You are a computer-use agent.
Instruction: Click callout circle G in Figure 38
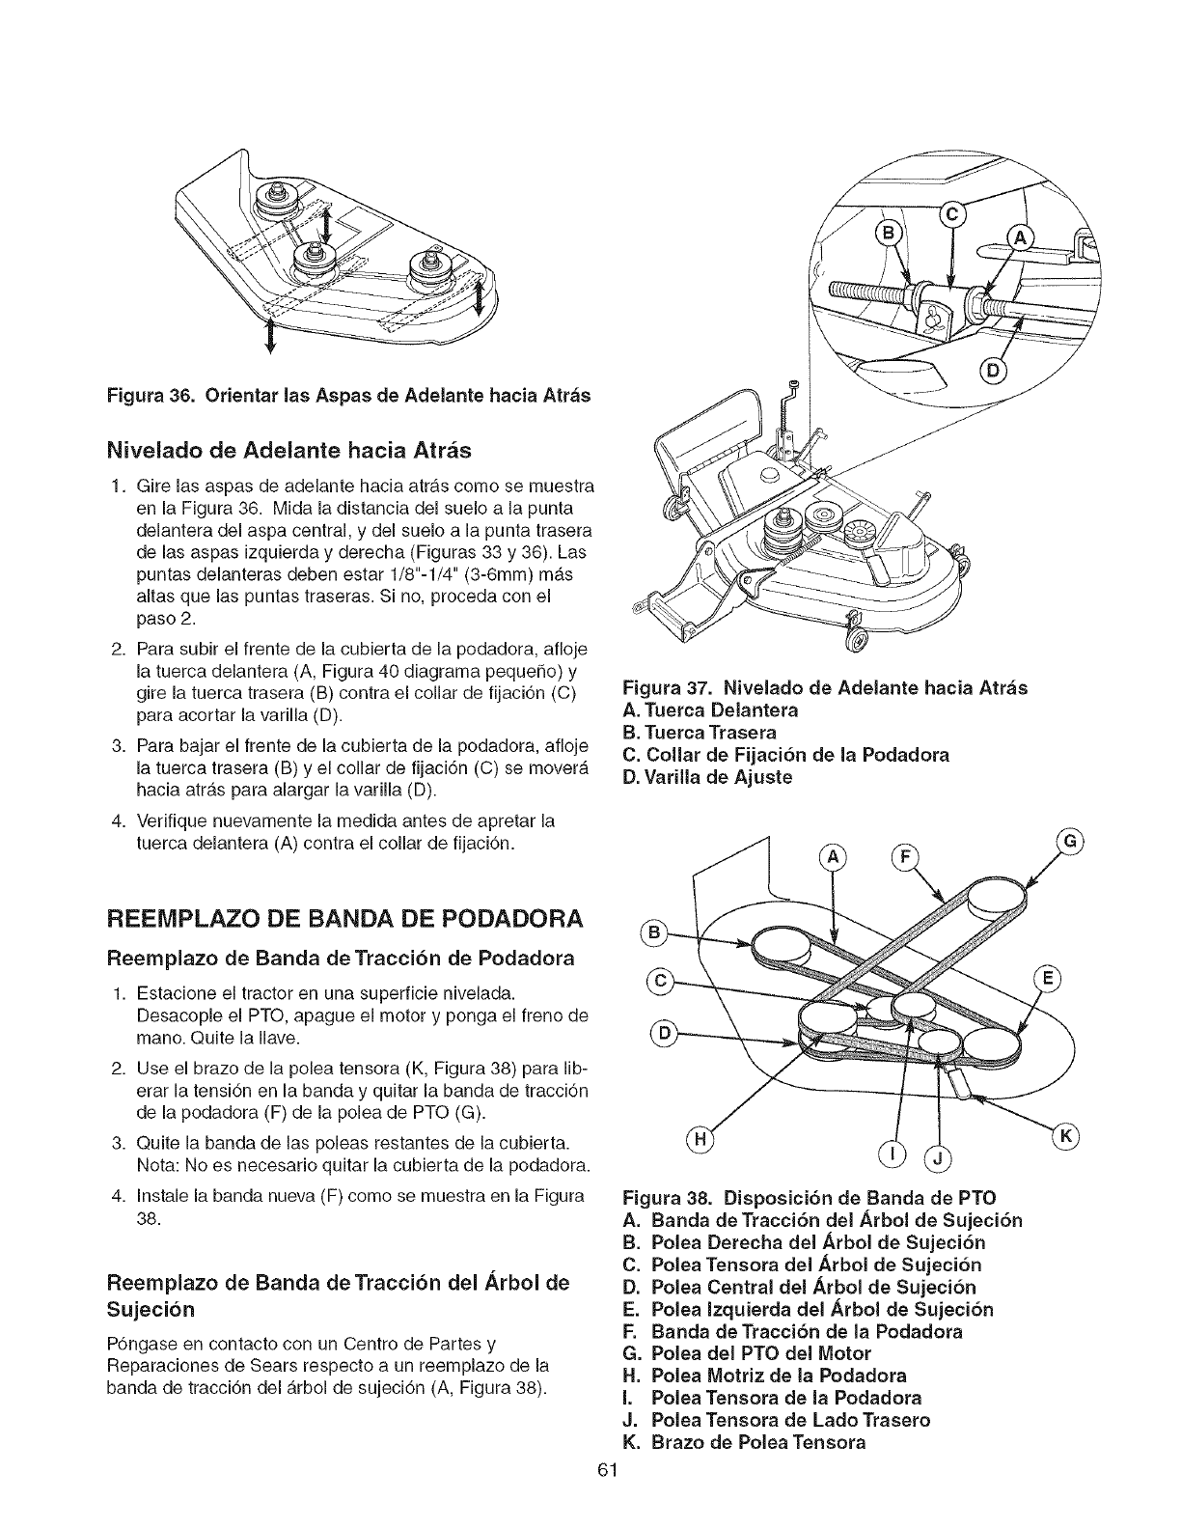click(x=1069, y=841)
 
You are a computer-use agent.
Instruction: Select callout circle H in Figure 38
click(x=702, y=1140)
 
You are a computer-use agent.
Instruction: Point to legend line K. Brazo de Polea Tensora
click(x=745, y=1442)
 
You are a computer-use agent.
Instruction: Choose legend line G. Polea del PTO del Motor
click(x=748, y=1353)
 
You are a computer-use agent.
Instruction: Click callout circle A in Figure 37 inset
click(x=1020, y=239)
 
